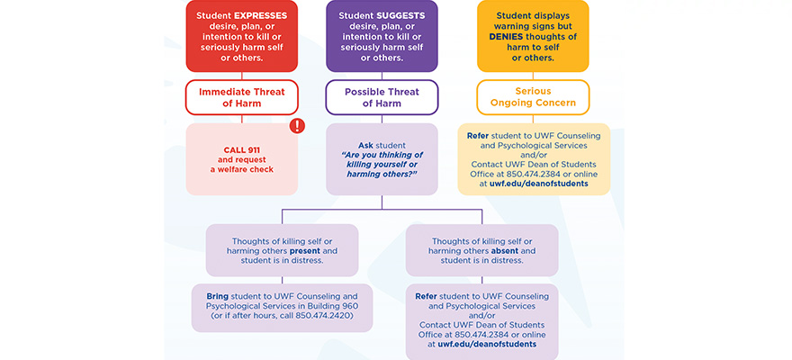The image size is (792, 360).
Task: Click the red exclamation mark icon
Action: pyautogui.click(x=297, y=126)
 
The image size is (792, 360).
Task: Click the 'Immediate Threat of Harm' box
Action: pyautogui.click(x=241, y=97)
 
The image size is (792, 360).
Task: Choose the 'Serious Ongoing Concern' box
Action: pyautogui.click(x=534, y=97)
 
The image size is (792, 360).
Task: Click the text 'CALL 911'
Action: pyautogui.click(x=240, y=149)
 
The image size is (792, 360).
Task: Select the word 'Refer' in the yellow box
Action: pyautogui.click(x=478, y=136)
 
